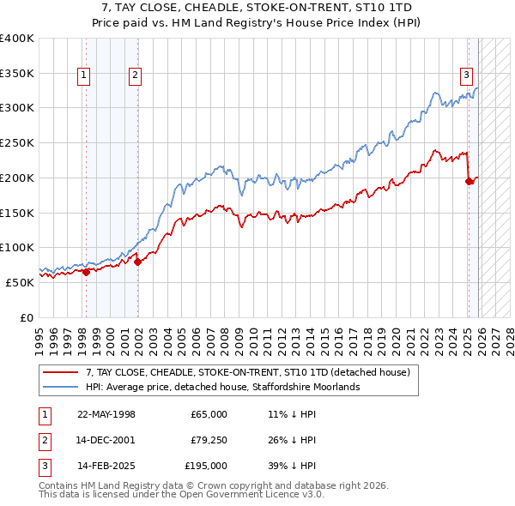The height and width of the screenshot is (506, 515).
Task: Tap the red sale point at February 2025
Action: point(469,181)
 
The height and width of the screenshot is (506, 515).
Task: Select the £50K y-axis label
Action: point(20,281)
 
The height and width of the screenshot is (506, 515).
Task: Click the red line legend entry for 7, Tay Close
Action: point(249,372)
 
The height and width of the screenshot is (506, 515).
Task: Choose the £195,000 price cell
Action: point(206,466)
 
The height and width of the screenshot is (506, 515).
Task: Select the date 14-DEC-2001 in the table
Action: point(106,440)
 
